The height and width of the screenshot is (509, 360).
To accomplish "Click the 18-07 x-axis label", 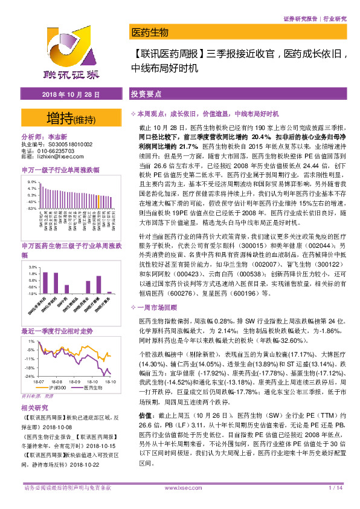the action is [39, 381].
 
